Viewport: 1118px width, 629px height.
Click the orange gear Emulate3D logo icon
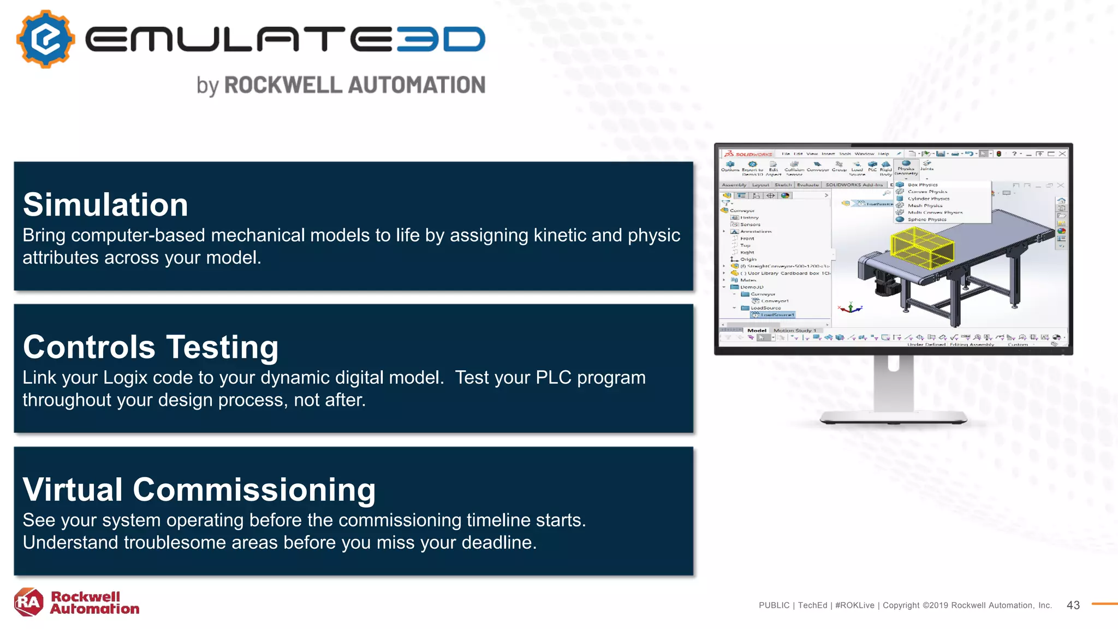click(46, 39)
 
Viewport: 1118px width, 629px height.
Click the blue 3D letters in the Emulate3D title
click(441, 39)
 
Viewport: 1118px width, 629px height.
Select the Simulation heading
click(105, 205)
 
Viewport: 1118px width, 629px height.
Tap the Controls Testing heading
click(151, 347)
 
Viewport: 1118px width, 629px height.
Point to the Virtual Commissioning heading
click(199, 489)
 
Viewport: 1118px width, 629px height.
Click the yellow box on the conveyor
click(921, 248)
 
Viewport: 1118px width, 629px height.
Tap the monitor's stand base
click(893, 419)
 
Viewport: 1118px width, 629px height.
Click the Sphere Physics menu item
click(926, 219)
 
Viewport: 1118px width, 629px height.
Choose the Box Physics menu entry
click(922, 185)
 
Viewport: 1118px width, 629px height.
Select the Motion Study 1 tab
click(795, 330)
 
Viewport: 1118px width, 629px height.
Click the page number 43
click(1073, 605)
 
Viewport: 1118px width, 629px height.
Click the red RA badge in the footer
click(28, 602)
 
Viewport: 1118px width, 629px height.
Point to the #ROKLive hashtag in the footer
click(854, 605)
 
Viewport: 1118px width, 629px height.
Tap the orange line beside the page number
click(1104, 604)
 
